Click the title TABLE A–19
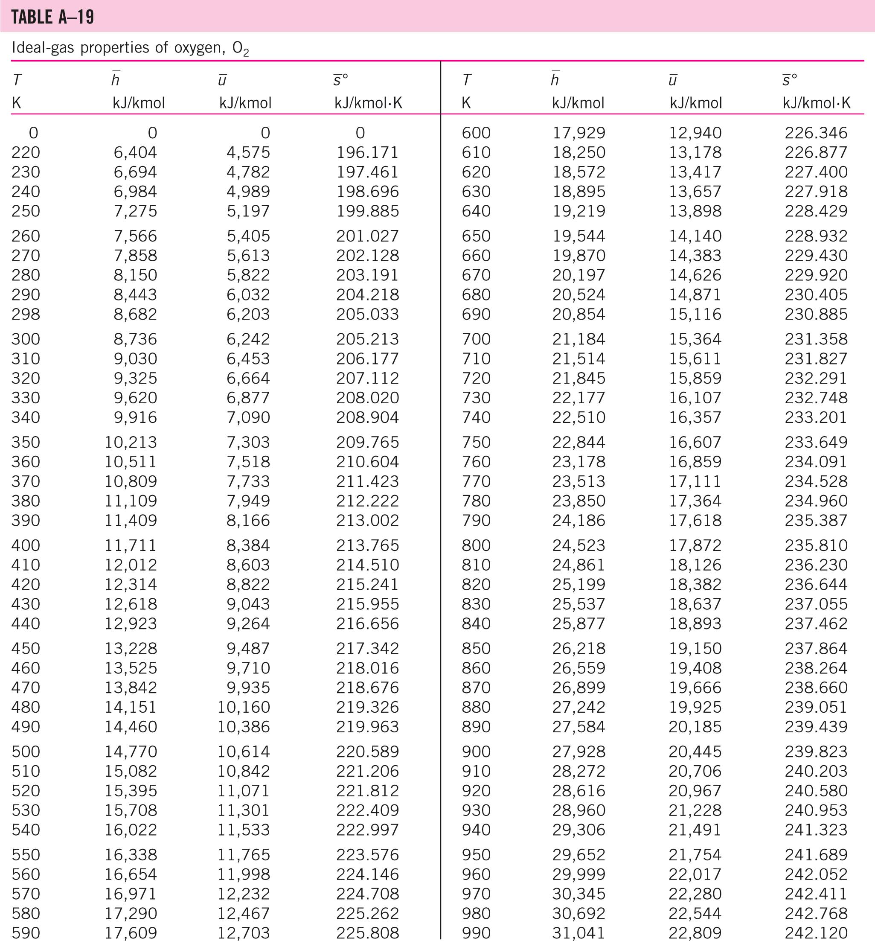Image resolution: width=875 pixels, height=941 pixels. pyautogui.click(x=52, y=17)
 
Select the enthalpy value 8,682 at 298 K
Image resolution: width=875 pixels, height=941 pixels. pyautogui.click(x=135, y=314)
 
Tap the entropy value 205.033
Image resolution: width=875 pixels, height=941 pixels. pyautogui.click(x=367, y=314)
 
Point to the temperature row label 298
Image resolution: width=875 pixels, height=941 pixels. pyautogui.click(x=26, y=314)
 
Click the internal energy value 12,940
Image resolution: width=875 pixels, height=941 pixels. pyautogui.click(x=695, y=133)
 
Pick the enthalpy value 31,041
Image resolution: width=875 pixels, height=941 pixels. pyautogui.click(x=578, y=932)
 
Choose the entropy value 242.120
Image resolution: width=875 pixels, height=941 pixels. pyautogui.click(x=816, y=932)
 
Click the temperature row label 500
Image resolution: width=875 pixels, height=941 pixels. pyautogui.click(x=26, y=752)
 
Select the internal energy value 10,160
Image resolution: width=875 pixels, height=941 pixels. pyautogui.click(x=243, y=707)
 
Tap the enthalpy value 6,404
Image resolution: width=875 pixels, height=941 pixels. pyautogui.click(x=135, y=152)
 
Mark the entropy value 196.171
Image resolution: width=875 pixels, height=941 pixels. pyautogui.click(x=367, y=152)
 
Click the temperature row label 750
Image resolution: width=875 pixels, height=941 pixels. pyautogui.click(x=476, y=442)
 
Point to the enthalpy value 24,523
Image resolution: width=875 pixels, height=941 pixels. pyautogui.click(x=578, y=545)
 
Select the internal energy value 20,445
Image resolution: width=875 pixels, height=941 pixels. pyautogui.click(x=695, y=752)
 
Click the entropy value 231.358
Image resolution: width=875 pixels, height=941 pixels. pyautogui.click(x=816, y=339)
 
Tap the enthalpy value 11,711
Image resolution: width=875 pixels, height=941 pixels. pyautogui.click(x=130, y=545)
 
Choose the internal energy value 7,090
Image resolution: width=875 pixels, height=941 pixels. pyautogui.click(x=248, y=417)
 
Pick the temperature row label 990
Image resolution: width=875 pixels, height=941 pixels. pyautogui.click(x=476, y=932)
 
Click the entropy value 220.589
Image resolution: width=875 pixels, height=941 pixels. pyautogui.click(x=367, y=752)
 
